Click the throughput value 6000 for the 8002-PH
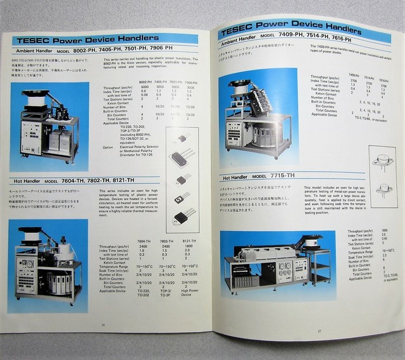[144, 86]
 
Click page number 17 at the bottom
[319, 330]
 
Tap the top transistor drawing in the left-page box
[182, 137]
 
